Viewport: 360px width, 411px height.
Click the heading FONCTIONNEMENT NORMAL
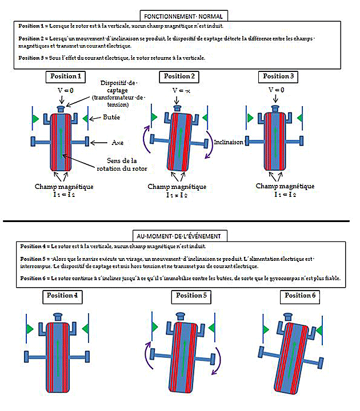point(180,15)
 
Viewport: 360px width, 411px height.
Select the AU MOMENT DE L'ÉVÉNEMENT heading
point(180,235)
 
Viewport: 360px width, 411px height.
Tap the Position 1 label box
point(66,76)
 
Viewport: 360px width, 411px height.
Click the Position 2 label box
point(179,76)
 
